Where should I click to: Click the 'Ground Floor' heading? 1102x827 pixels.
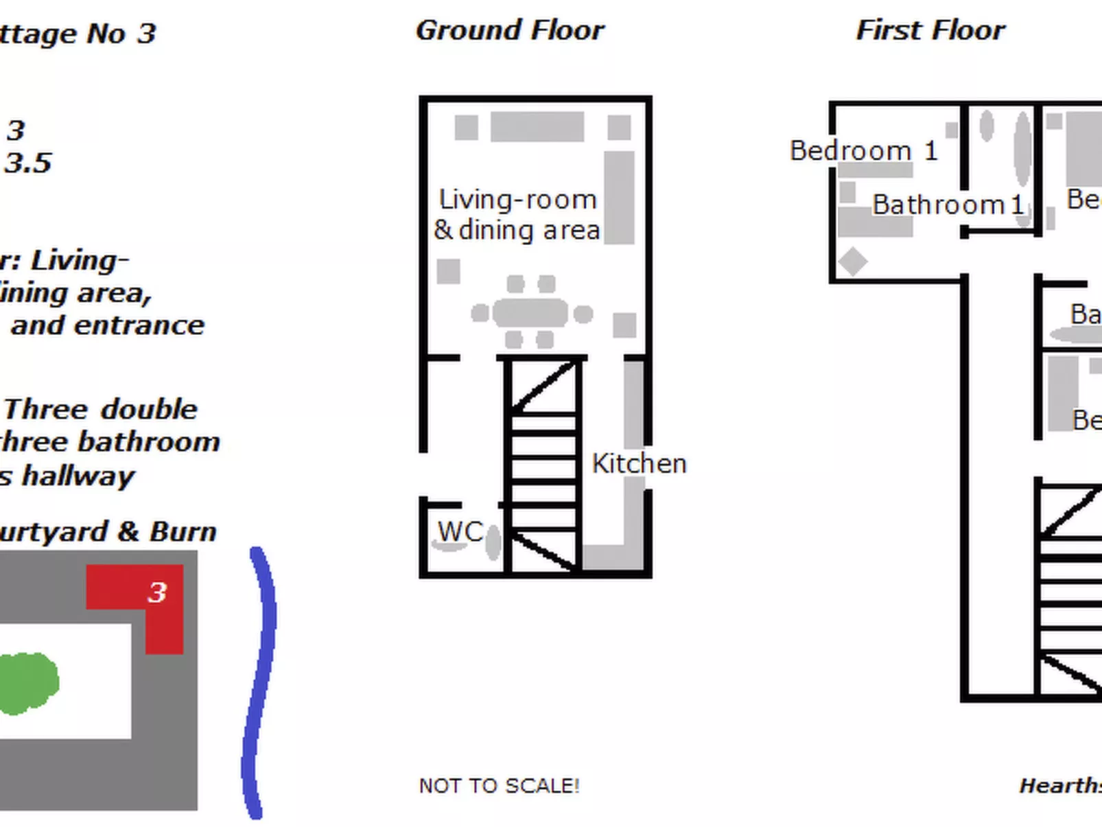click(x=510, y=31)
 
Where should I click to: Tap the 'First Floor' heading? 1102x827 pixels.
click(x=930, y=31)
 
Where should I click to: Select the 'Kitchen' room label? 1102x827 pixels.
click(x=639, y=464)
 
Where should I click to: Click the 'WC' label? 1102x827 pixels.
click(x=460, y=532)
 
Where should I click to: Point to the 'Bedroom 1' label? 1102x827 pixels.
click(x=863, y=151)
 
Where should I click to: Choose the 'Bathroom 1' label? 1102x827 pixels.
click(x=948, y=205)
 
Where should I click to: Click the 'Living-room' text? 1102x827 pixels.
click(x=517, y=200)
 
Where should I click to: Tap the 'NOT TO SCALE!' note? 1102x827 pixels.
click(x=499, y=786)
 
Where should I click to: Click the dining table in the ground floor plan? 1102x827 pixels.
click(x=530, y=313)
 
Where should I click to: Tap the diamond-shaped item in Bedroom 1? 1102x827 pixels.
click(x=852, y=261)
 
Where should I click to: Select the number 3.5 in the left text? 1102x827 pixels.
click(x=27, y=163)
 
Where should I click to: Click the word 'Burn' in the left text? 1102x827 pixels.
click(x=183, y=532)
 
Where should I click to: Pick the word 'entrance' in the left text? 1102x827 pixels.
click(x=139, y=325)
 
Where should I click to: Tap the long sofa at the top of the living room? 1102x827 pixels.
click(x=537, y=127)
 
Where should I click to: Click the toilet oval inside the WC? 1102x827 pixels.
click(x=493, y=542)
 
